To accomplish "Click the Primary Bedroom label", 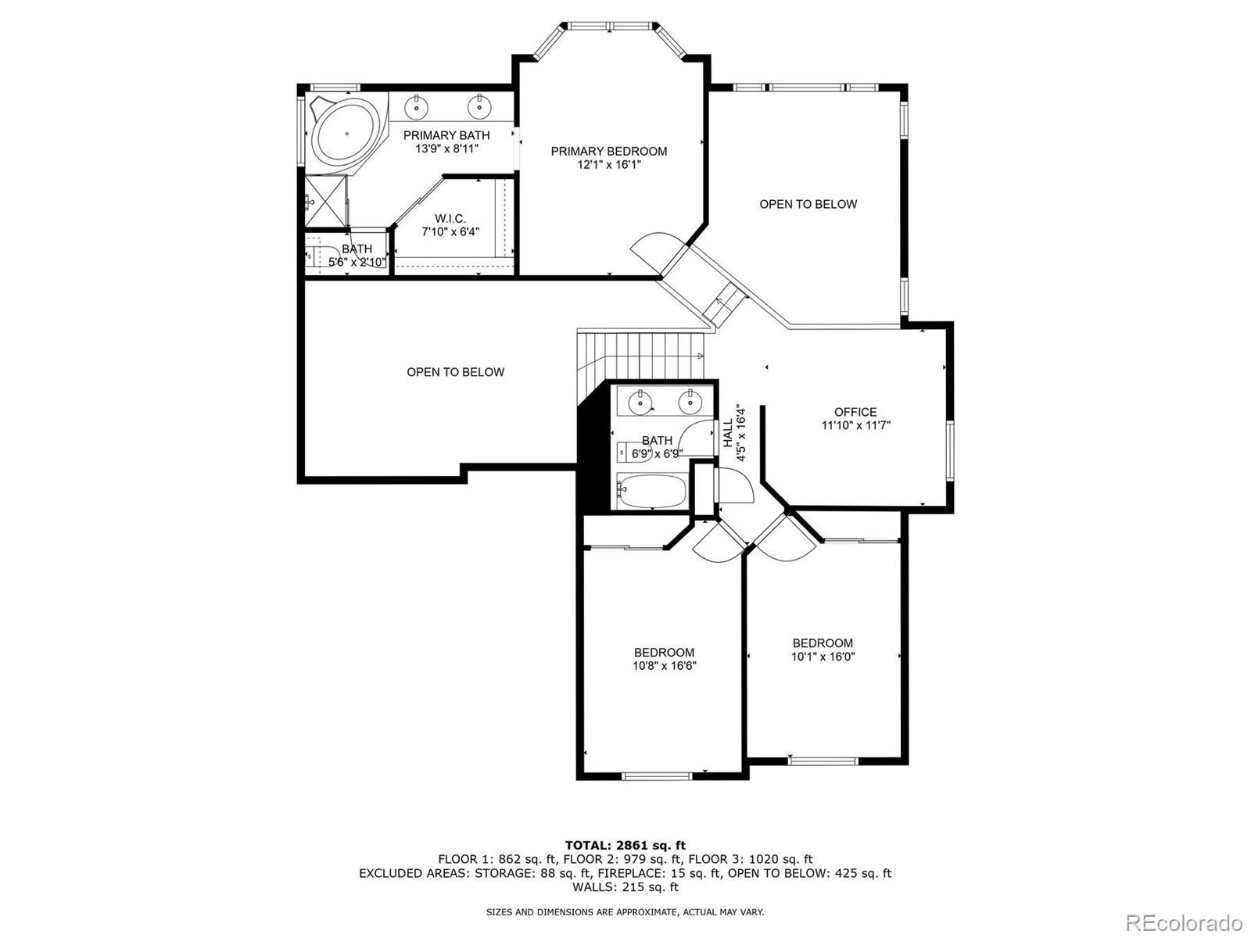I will tap(608, 151).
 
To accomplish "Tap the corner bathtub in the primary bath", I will tap(346, 134).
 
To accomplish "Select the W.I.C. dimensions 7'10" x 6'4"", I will tap(450, 231).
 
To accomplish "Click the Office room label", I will tap(855, 412).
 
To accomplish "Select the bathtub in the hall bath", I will tap(651, 491).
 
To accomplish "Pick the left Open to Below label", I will tap(455, 372).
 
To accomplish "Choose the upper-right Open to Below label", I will tap(808, 204).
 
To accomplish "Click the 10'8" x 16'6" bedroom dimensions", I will tap(664, 666).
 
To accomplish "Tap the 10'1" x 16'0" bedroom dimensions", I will tap(823, 657).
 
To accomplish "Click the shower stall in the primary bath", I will tap(325, 202).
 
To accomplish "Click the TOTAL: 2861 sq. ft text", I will tap(625, 845).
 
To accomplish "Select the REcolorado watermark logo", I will tap(1188, 922).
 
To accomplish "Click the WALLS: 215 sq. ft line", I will tap(625, 887).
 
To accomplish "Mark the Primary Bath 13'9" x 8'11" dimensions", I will tap(446, 148).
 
